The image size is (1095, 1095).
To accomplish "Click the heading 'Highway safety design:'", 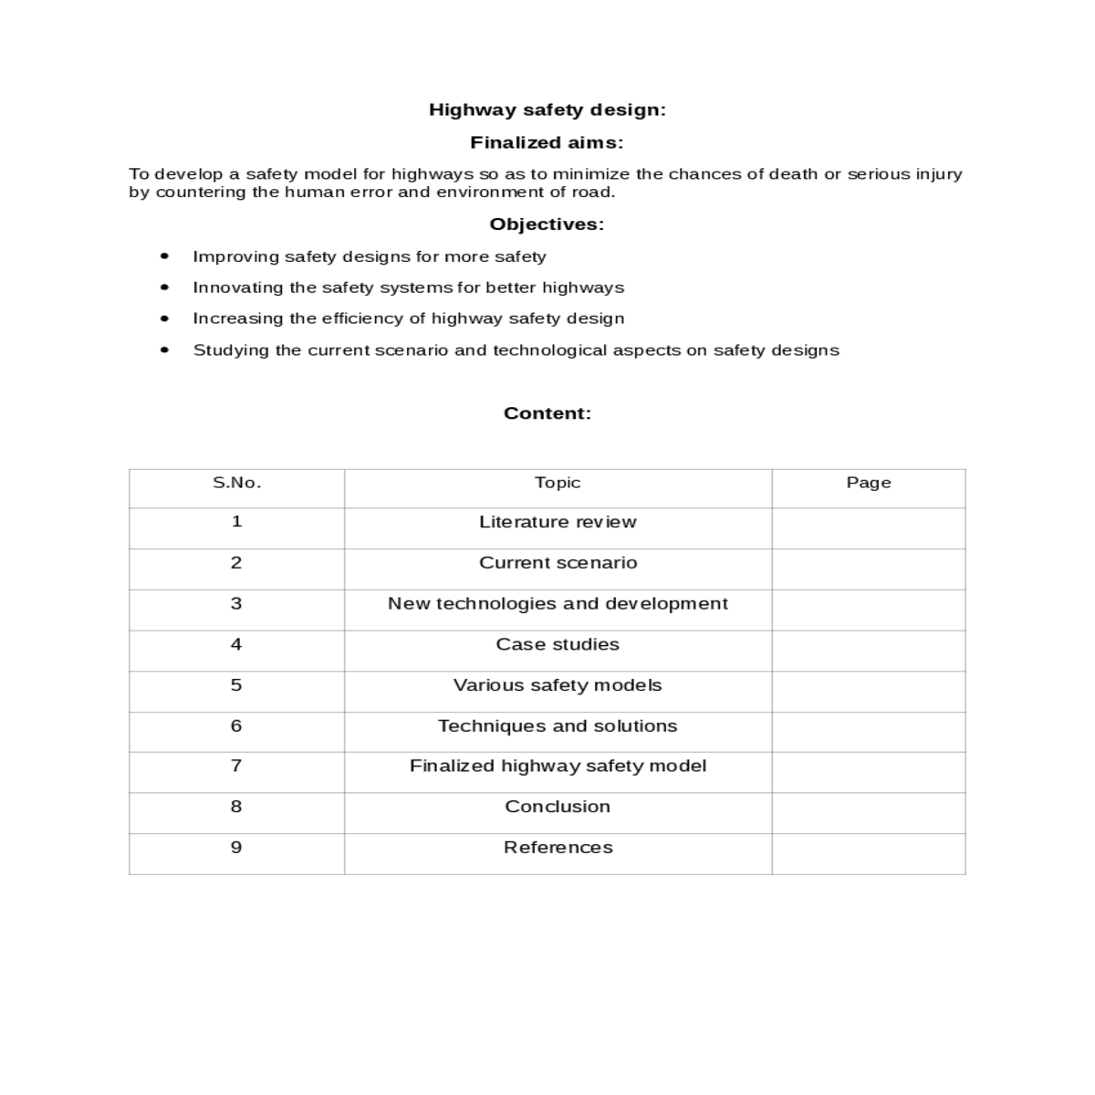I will pyautogui.click(x=547, y=110).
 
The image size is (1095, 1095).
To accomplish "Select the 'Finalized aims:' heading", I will pyautogui.click(x=547, y=142).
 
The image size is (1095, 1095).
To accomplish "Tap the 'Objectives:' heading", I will pyautogui.click(x=547, y=224).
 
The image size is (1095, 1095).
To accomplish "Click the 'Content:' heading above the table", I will pyautogui.click(x=547, y=413).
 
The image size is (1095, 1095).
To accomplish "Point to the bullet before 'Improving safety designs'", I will pyautogui.click(x=164, y=256).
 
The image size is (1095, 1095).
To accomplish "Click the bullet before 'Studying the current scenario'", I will pyautogui.click(x=164, y=349).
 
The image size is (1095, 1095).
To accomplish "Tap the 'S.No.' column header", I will pyautogui.click(x=236, y=483).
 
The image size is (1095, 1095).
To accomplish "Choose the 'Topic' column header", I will pyautogui.click(x=558, y=483).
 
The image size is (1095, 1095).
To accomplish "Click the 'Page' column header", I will pyautogui.click(x=868, y=483).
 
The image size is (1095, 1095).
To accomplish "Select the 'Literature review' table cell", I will pyautogui.click(x=558, y=522).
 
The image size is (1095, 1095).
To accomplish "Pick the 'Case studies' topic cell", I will pyautogui.click(x=558, y=644).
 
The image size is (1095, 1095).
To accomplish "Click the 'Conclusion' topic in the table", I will pyautogui.click(x=558, y=807).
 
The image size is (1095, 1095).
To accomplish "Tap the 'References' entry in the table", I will pyautogui.click(x=558, y=848).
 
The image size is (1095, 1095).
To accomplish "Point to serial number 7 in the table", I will pyautogui.click(x=236, y=766).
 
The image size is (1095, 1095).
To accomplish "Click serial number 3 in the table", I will pyautogui.click(x=236, y=603).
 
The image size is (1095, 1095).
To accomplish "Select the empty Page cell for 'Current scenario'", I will pyautogui.click(x=868, y=568).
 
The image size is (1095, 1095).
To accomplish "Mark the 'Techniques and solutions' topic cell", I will pyautogui.click(x=558, y=726).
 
